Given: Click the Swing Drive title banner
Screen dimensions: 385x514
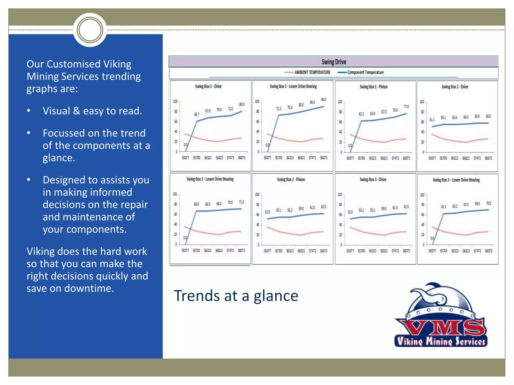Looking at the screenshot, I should tap(334, 62).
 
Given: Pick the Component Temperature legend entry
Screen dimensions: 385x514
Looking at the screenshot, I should tap(365, 72).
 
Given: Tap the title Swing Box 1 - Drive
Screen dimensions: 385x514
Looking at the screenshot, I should tap(208, 86).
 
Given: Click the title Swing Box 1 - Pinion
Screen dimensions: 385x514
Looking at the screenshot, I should tap(373, 87).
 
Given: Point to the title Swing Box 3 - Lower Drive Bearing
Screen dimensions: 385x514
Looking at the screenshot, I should tap(456, 180).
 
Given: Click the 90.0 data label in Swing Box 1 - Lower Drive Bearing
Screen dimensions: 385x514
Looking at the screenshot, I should tap(324, 100).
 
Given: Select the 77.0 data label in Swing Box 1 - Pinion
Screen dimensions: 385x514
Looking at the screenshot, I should tap(406, 107).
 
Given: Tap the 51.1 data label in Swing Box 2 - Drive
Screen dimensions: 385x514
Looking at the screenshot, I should tap(432, 120).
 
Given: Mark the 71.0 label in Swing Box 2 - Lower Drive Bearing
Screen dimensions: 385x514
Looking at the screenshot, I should tap(241, 202).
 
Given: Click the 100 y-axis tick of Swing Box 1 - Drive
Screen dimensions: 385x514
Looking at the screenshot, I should tap(175, 102).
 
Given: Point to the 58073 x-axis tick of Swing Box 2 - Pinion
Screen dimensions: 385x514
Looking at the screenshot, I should tap(324, 251).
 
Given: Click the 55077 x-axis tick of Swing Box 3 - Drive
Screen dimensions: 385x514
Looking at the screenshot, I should tap(350, 251).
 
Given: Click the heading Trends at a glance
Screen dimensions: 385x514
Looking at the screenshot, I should tap(236, 296).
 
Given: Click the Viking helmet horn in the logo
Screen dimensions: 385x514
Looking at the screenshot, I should tap(427, 293).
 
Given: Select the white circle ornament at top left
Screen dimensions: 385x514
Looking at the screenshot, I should tap(90, 30).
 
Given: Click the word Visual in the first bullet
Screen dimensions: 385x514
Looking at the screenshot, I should tap(56, 111).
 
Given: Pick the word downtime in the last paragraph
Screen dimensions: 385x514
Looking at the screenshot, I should tap(89, 288).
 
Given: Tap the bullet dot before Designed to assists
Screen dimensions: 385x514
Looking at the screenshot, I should tap(29, 180).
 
